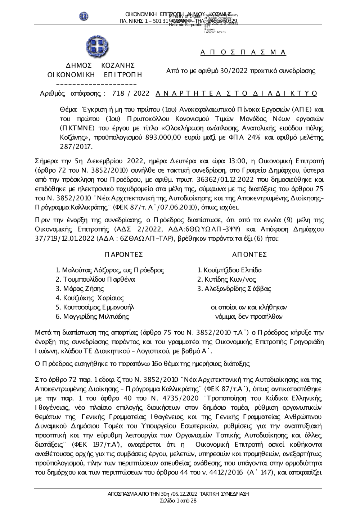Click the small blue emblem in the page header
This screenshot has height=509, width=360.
pos(84,16)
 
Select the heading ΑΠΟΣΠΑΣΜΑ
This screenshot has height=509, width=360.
pos(243,52)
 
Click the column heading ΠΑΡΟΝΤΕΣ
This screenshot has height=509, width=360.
pos(124,255)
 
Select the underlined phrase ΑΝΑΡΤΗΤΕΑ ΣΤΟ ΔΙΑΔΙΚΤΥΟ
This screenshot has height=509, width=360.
pos(237,94)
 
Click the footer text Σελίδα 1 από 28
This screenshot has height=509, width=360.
pos(178,500)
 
